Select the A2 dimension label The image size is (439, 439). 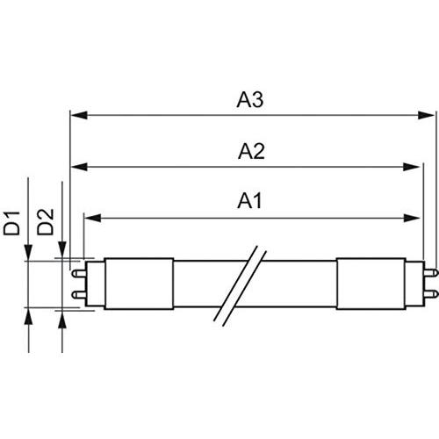coord(250,150)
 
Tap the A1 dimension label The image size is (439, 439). coord(250,201)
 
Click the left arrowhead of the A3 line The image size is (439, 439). coord(76,114)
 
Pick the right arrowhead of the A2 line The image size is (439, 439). coord(415,166)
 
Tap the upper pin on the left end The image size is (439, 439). coord(77,273)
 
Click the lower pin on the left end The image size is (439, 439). coord(77,294)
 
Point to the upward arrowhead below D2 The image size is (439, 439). coord(62,316)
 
